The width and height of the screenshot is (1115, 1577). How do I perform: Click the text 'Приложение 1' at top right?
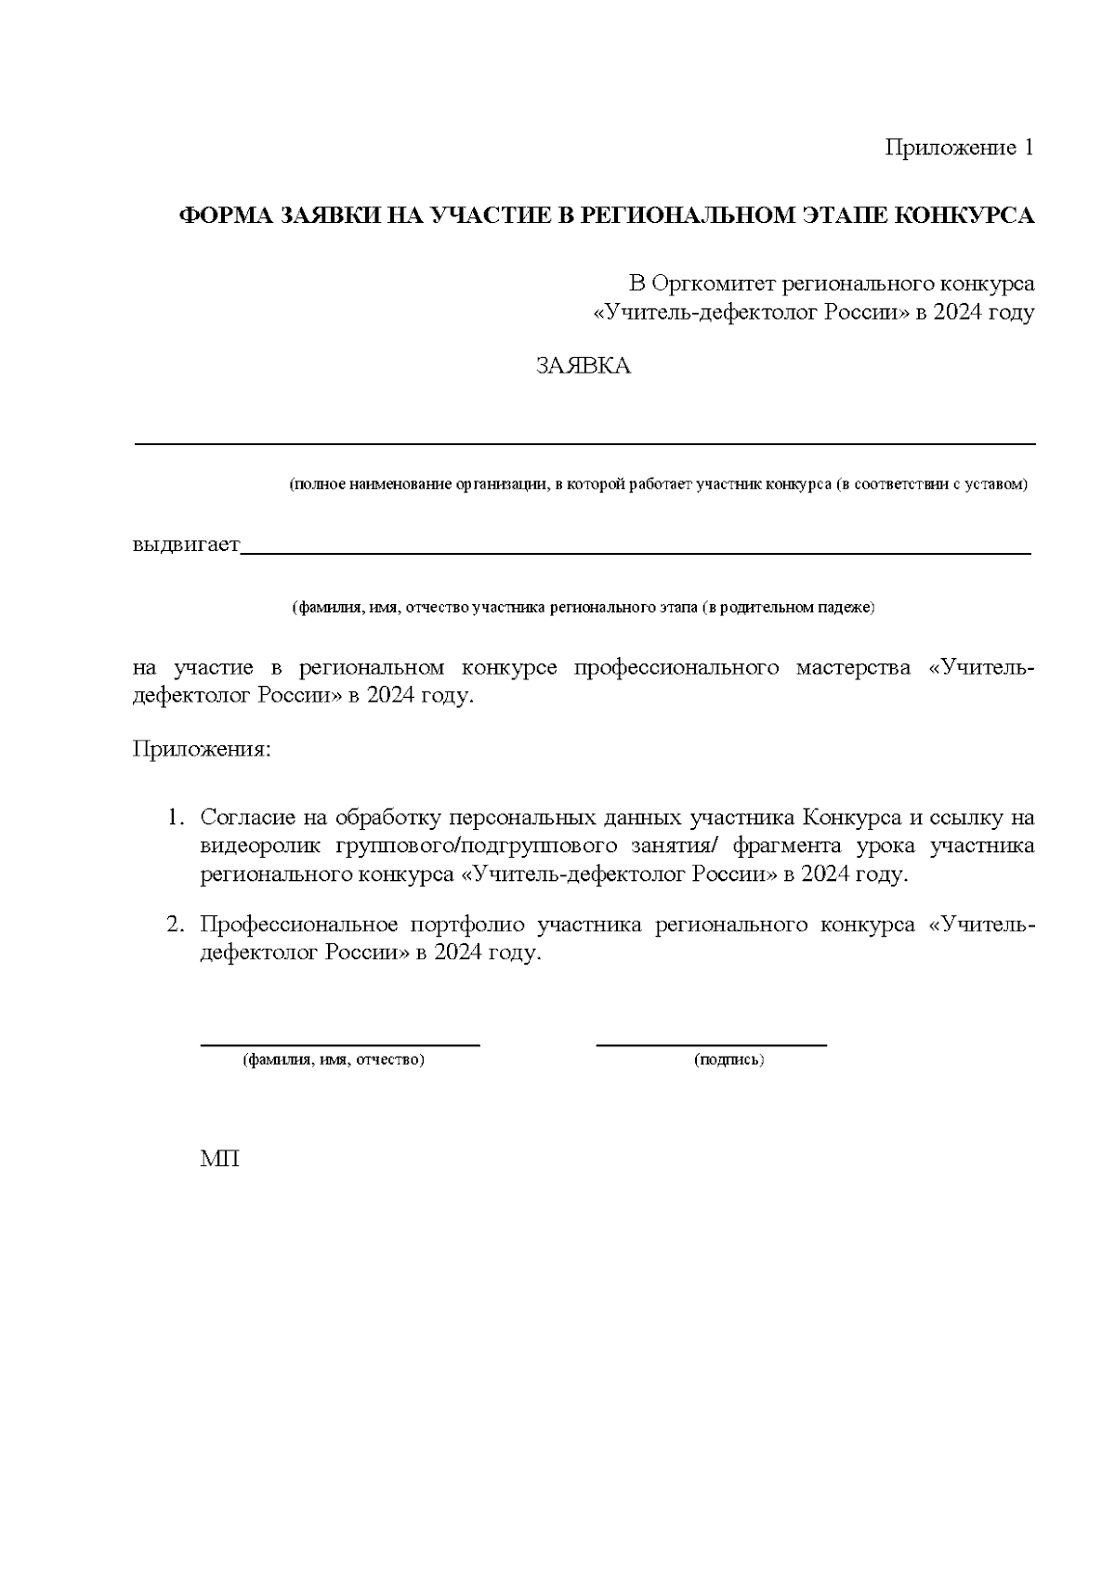pos(958,148)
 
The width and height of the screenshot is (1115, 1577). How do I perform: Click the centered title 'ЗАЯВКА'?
pos(584,366)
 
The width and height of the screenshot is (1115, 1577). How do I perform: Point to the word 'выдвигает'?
pos(187,544)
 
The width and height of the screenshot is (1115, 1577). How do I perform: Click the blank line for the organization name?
pos(585,444)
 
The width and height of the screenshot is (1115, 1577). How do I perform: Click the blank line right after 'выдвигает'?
pos(636,552)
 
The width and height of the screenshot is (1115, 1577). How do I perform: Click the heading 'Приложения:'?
pos(203,749)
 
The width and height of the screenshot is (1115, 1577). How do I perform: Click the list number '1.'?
pos(177,818)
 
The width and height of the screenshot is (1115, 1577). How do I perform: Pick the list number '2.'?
pos(177,926)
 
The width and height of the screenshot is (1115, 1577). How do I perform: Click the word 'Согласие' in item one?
pos(245,818)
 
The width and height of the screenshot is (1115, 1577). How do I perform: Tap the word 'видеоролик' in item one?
pos(260,847)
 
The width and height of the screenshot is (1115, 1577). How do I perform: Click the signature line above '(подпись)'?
pos(711,1045)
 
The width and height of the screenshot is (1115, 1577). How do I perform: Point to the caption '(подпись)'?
pos(728,1059)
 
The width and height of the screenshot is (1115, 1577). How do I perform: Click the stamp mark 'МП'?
pos(219,1160)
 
